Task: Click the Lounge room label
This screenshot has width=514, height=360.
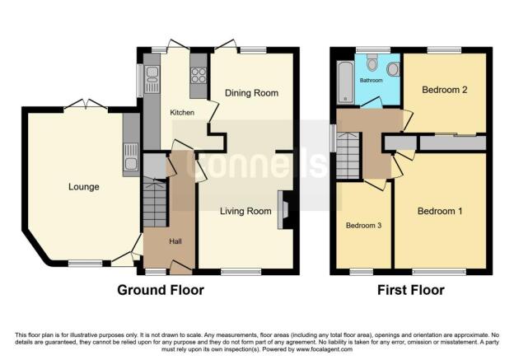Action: (83, 187)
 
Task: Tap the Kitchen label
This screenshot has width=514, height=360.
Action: (182, 113)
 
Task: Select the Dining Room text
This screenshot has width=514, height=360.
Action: (251, 93)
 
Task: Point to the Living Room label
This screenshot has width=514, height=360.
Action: (245, 211)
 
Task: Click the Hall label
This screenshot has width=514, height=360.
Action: (175, 241)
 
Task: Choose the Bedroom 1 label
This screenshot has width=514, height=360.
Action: (440, 211)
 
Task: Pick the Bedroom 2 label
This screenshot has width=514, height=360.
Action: (445, 90)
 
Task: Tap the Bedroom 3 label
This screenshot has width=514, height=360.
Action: (363, 226)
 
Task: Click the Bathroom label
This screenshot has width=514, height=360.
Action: (371, 81)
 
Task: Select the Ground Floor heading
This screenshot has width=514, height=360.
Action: (161, 290)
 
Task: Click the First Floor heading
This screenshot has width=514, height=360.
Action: (411, 290)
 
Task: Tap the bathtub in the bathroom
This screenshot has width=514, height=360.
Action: (345, 82)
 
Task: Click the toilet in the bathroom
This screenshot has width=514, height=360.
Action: (372, 63)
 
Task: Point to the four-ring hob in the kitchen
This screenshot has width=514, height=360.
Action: (199, 76)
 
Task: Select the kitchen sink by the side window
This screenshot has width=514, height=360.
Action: (152, 79)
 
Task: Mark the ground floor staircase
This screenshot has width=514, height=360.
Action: (155, 203)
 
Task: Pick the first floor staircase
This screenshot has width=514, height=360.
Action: (348, 156)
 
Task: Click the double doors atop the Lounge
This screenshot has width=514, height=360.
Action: (85, 104)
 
